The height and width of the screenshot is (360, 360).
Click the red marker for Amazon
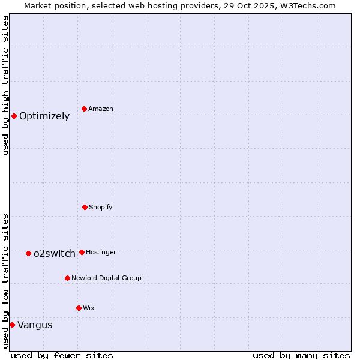tap(84, 109)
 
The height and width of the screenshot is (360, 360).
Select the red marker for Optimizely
tap(14, 116)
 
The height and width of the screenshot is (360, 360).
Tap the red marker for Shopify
tap(85, 207)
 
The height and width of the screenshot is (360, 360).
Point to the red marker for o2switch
tap(28, 253)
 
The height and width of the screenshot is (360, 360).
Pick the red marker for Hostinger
tap(82, 252)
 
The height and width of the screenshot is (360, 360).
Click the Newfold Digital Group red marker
tap(67, 278)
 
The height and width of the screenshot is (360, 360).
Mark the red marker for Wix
tap(79, 308)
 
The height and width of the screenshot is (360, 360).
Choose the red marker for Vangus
tap(12, 325)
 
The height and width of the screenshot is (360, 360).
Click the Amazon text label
tap(101, 109)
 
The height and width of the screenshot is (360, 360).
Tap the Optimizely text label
tap(44, 116)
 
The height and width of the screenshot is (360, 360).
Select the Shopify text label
tap(101, 207)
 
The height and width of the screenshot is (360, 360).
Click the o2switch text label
tap(55, 253)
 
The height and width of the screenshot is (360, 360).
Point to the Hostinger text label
tap(101, 252)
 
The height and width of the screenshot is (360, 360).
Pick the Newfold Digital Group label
tap(106, 278)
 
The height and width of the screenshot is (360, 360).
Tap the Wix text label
tap(89, 308)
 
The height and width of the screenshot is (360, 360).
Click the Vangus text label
tap(35, 325)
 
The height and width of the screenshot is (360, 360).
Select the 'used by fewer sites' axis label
tap(62, 355)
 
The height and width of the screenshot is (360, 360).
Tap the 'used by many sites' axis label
tap(301, 355)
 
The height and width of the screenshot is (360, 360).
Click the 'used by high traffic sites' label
tap(5, 85)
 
